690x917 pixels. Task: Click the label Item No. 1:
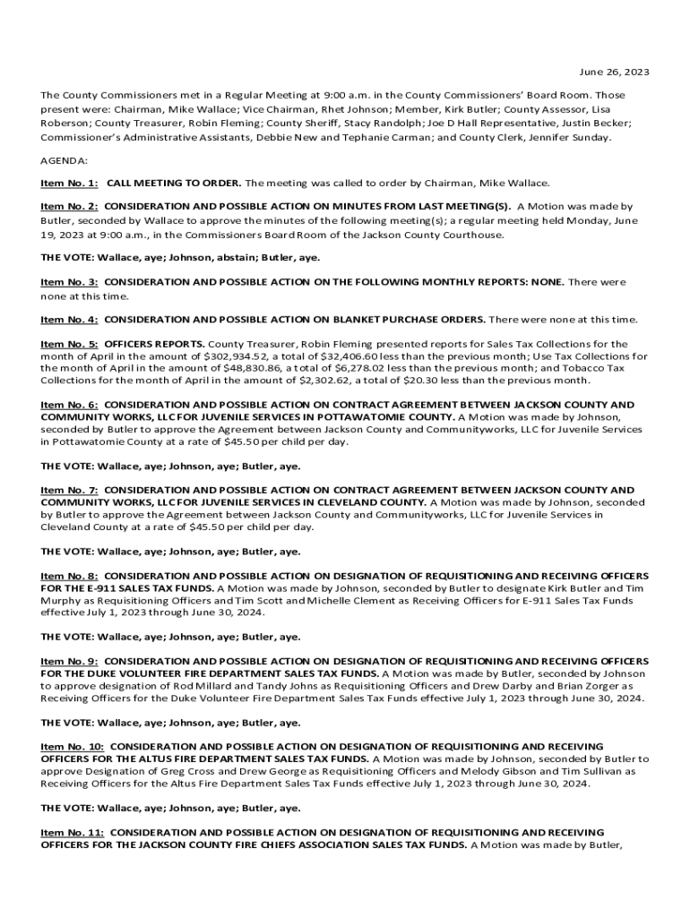(69, 183)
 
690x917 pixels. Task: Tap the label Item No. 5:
(69, 344)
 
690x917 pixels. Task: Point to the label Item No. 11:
(72, 832)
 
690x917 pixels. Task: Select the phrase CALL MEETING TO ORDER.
(174, 183)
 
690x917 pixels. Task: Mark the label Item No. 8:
(69, 576)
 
